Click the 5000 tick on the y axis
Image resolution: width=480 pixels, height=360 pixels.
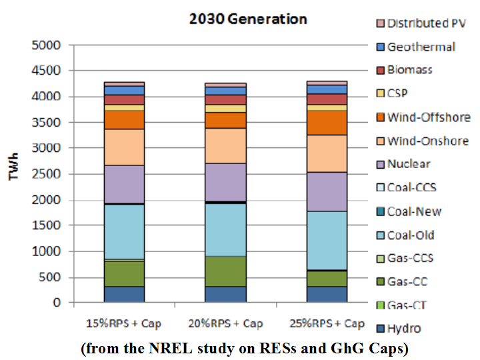click(47, 45)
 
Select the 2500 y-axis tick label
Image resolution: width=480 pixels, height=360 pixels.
click(47, 174)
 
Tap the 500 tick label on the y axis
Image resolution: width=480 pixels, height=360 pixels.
click(51, 277)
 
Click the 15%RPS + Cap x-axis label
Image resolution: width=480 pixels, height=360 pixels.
click(124, 323)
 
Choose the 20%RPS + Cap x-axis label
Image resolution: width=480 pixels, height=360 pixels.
click(225, 323)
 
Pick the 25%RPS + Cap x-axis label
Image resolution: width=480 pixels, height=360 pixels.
click(327, 323)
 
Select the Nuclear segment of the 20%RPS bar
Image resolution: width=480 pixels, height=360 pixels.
click(225, 182)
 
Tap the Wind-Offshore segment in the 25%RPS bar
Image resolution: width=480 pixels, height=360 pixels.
click(327, 123)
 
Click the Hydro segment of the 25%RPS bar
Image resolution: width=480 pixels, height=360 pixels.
click(327, 295)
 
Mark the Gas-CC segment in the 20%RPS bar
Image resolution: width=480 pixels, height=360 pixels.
click(225, 271)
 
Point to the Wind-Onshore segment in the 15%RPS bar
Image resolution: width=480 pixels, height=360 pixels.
click(124, 147)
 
